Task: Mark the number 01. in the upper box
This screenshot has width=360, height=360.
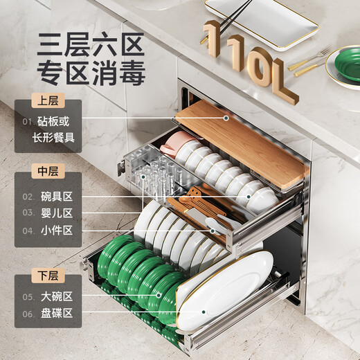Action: tap(27, 122)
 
